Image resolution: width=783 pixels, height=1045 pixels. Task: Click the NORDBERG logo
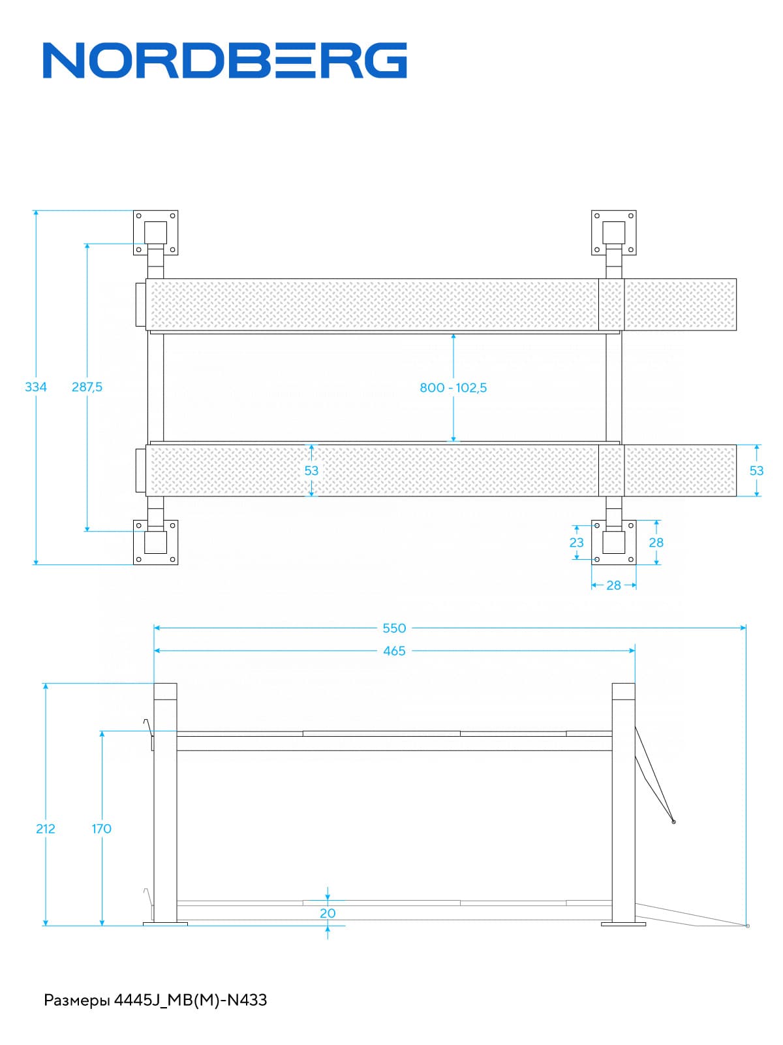pyautogui.click(x=225, y=61)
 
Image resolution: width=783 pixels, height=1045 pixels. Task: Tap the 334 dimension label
pyautogui.click(x=36, y=387)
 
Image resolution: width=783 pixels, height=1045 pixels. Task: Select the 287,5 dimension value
pyautogui.click(x=87, y=387)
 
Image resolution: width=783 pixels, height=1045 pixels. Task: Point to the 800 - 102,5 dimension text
pyautogui.click(x=453, y=387)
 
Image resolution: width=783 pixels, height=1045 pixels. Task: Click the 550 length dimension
pyautogui.click(x=394, y=628)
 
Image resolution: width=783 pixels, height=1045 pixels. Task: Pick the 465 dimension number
pyautogui.click(x=394, y=651)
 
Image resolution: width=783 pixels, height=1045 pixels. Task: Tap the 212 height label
pyautogui.click(x=46, y=828)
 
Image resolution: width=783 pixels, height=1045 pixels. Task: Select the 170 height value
pyautogui.click(x=101, y=828)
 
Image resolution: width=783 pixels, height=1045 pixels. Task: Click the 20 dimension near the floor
pyautogui.click(x=328, y=913)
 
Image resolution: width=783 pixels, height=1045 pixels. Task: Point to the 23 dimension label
pyautogui.click(x=576, y=542)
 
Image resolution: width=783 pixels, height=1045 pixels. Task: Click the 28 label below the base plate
pyautogui.click(x=613, y=585)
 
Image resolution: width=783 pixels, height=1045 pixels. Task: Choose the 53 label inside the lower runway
pyautogui.click(x=311, y=470)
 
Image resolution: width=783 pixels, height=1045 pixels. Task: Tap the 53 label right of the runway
pyautogui.click(x=756, y=470)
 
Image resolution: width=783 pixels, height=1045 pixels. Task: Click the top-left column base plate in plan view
pyautogui.click(x=155, y=233)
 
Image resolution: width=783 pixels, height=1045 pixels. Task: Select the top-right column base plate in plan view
pyautogui.click(x=613, y=233)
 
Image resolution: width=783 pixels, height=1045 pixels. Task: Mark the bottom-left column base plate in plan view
pyautogui.click(x=155, y=542)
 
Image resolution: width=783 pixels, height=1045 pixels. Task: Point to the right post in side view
pyautogui.click(x=624, y=803)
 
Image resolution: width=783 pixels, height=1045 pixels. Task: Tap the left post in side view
pyautogui.click(x=165, y=803)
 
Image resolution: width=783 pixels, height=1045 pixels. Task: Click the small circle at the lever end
pyautogui.click(x=674, y=822)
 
